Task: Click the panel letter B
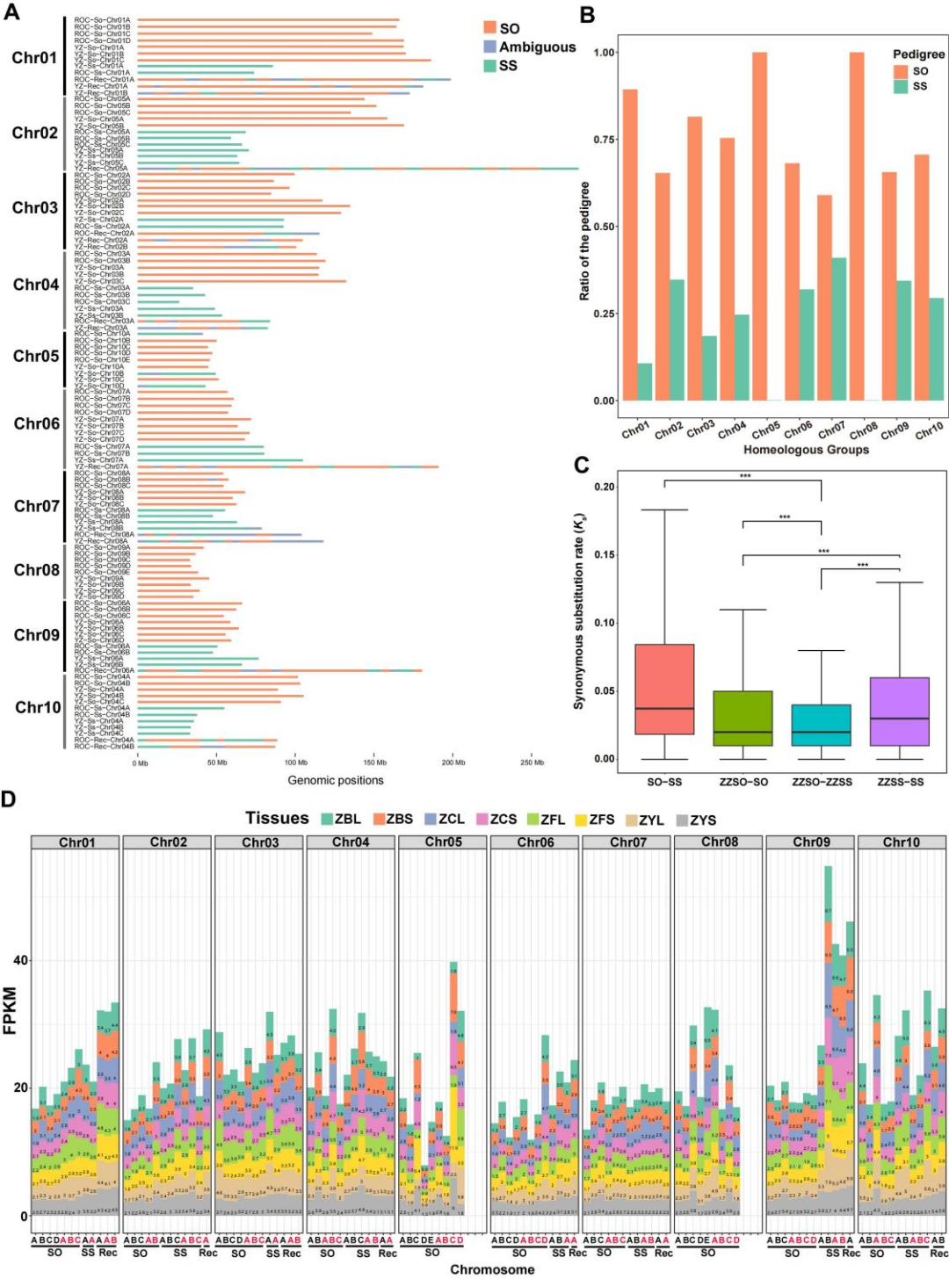coord(587,15)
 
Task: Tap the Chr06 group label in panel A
coord(36,423)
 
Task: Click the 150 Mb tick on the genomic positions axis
coord(375,762)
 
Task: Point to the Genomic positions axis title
coord(336,780)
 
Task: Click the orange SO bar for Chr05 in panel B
coord(759,227)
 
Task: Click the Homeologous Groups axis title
coord(806,450)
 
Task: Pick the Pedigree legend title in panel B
coord(918,54)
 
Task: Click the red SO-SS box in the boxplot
coord(664,690)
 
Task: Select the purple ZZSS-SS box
coord(900,712)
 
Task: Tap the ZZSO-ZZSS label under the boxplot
coord(822,782)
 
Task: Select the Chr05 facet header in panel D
coord(443,842)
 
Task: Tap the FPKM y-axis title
coord(11,1011)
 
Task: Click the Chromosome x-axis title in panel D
coord(492,1269)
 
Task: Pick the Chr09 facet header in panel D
coord(810,842)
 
